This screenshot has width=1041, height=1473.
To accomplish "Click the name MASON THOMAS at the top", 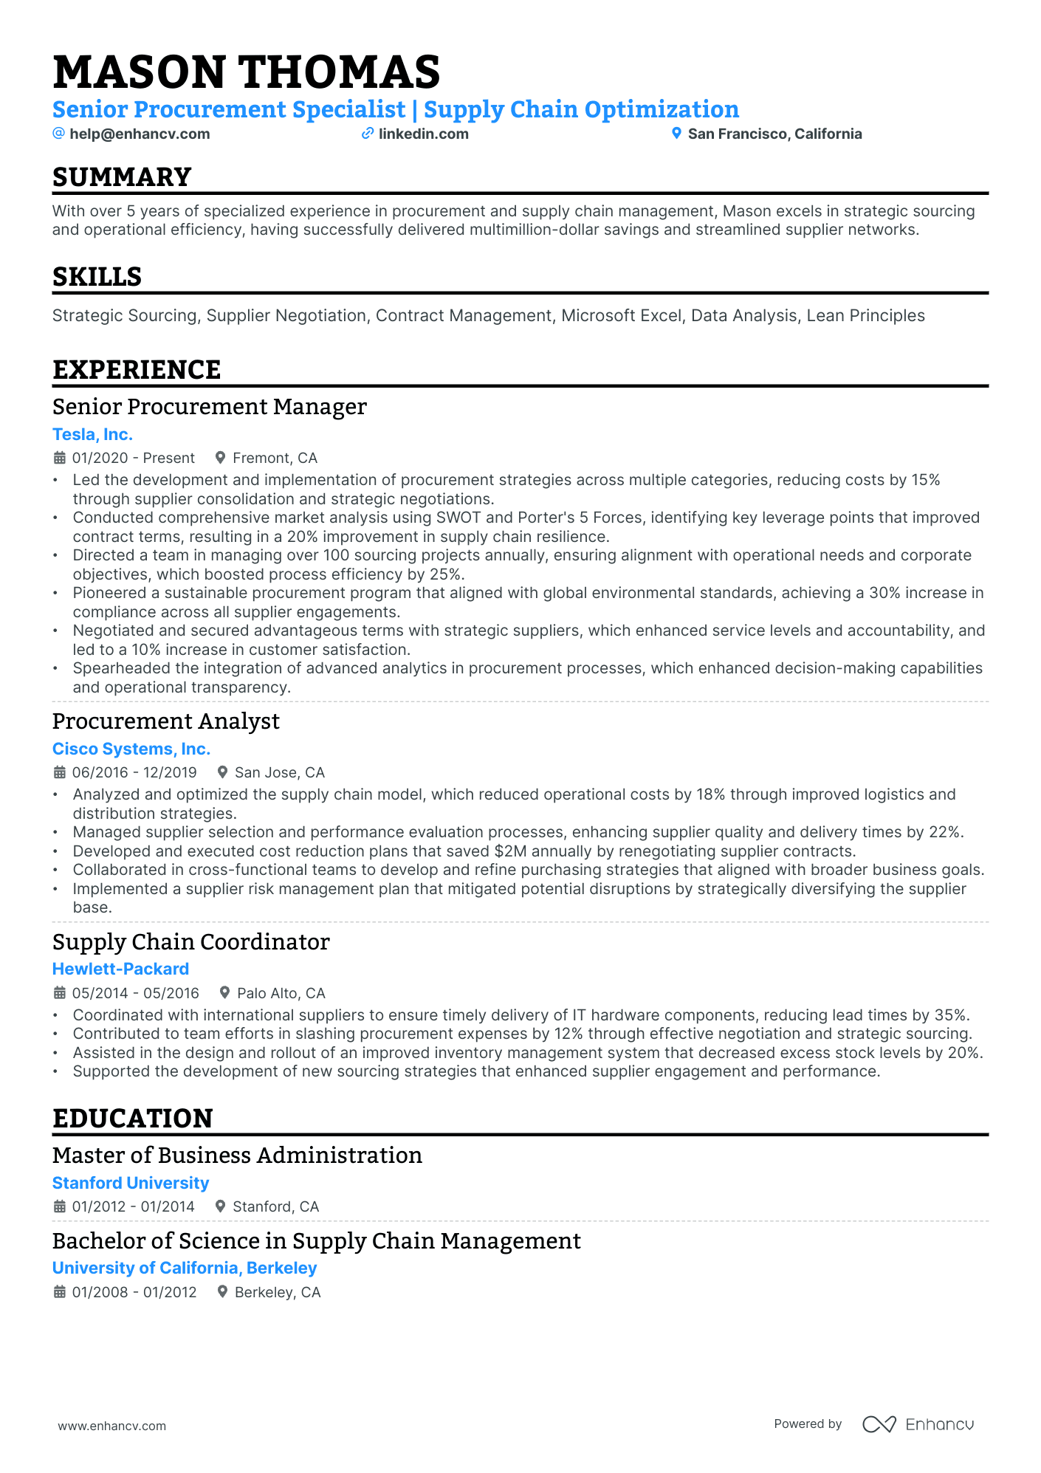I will point(246,72).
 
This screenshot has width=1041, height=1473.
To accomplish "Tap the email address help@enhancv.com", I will point(140,134).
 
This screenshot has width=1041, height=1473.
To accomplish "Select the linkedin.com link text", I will point(423,134).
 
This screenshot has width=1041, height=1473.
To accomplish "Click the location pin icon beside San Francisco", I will point(676,134).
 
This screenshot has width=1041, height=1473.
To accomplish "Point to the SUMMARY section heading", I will point(122,177).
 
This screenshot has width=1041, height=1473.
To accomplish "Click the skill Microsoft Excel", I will point(621,315).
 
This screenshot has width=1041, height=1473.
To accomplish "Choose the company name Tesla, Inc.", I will point(92,434).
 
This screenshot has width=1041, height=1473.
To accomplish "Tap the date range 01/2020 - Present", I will point(133,458).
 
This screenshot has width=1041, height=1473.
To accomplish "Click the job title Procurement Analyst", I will point(166,721).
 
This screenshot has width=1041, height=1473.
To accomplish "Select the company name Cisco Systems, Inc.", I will point(131,749).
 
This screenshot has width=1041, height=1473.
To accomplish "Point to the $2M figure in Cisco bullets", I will point(510,851).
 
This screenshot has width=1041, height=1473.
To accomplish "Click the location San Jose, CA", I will point(279,772).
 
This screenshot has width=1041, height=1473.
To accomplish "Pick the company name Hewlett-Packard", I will point(120,969).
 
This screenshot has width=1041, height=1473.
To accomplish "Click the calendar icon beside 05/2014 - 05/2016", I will point(60,993).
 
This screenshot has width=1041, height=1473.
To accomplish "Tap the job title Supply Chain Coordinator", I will point(190,942).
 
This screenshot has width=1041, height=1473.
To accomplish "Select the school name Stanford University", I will point(131,1183).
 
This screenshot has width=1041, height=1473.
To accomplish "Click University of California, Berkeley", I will point(185,1268).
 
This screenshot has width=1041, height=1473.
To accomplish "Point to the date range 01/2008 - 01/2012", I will point(134,1292).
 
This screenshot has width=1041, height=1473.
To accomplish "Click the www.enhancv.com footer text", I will point(112,1426).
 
